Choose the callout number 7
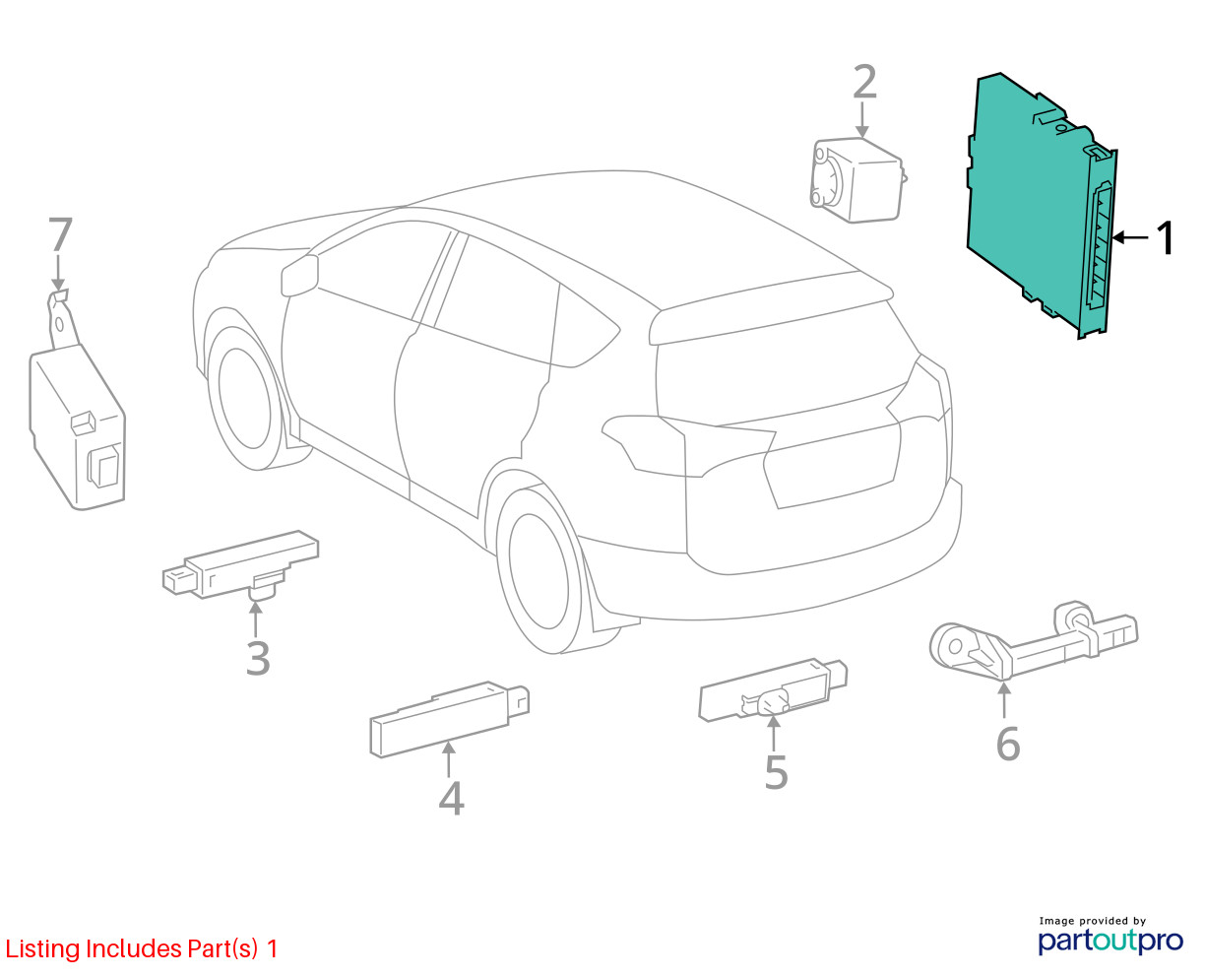[60, 234]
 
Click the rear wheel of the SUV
[538, 569]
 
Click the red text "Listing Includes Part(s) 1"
[141, 947]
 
